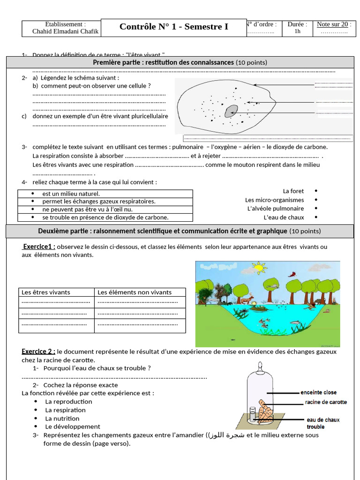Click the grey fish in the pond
click(294, 322)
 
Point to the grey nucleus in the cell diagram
click(231, 111)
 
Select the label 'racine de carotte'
click(326, 402)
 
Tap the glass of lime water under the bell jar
click(253, 414)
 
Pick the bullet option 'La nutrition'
click(62, 419)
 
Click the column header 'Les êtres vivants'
click(46, 292)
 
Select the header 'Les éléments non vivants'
click(135, 292)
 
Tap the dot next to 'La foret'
click(316, 191)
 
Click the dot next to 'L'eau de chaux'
click(316, 217)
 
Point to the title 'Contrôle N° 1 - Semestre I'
click(173, 27)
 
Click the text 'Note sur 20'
click(332, 24)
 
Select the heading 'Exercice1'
click(39, 247)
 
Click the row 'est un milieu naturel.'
click(71, 194)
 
